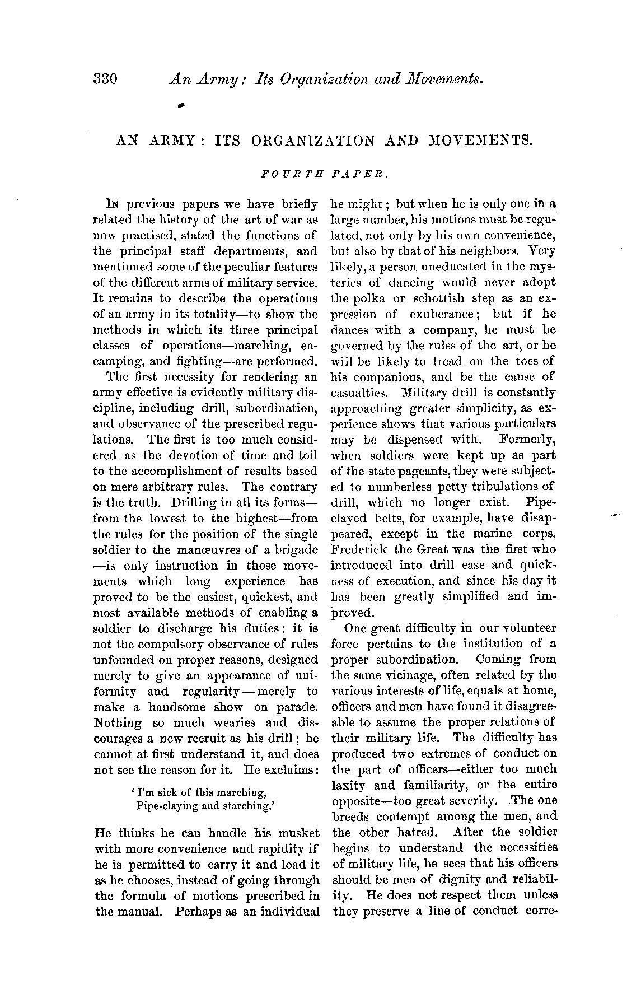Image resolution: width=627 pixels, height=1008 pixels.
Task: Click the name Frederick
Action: click(x=359, y=550)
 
